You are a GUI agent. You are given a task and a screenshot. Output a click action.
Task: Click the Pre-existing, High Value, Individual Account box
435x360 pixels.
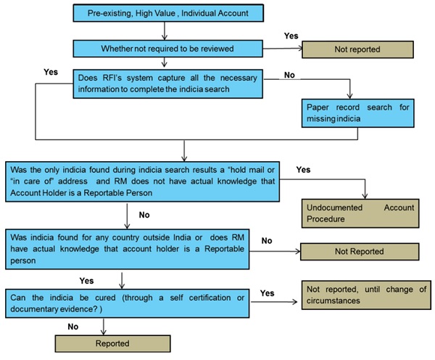[x=168, y=13]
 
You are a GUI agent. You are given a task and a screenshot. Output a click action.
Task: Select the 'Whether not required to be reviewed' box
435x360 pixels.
[x=168, y=49]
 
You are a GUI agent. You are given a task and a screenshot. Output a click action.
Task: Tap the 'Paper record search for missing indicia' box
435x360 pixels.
[x=358, y=113]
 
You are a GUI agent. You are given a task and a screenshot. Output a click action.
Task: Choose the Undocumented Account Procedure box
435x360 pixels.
[x=360, y=213]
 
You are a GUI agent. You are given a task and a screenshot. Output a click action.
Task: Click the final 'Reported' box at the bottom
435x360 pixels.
[x=112, y=343]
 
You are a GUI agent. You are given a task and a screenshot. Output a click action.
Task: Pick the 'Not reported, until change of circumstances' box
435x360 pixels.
[x=366, y=295]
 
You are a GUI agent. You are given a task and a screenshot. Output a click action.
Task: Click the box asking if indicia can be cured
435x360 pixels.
[x=128, y=303]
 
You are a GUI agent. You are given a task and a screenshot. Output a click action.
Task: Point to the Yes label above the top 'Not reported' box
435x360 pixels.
[x=291, y=36]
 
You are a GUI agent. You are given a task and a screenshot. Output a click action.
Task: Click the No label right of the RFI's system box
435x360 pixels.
[x=289, y=75]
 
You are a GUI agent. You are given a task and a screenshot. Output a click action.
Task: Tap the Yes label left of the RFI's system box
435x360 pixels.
[x=51, y=72]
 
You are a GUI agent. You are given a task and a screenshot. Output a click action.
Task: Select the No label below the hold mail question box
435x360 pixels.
[x=144, y=215]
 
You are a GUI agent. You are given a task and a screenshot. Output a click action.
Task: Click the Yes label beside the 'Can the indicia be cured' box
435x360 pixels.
[x=267, y=293]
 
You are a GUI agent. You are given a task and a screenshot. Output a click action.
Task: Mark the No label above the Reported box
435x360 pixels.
[x=73, y=327]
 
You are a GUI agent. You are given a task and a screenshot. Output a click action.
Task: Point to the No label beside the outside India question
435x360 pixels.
[x=267, y=240]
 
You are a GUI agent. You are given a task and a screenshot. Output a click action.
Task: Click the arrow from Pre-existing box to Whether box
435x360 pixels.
[x=165, y=30]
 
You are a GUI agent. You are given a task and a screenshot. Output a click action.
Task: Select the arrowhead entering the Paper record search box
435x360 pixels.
[x=350, y=96]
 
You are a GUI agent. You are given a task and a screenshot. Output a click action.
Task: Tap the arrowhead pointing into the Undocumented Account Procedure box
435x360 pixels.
[x=365, y=196]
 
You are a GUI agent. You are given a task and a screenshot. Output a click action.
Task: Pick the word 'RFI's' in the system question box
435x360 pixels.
[x=112, y=78]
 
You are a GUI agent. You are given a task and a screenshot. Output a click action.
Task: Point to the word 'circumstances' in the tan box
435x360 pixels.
[x=333, y=300]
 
